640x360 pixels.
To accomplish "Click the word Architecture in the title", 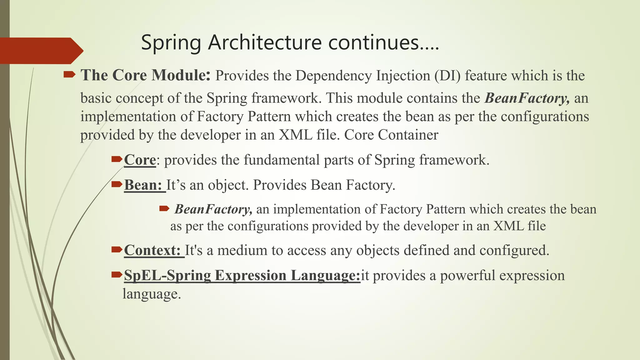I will coord(265,42).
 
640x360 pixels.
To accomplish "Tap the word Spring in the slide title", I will coord(171,43).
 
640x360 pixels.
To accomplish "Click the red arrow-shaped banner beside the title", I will coord(41,51).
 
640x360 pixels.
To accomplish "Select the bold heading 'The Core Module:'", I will coord(146,75).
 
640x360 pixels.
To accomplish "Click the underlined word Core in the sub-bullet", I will coord(140,160).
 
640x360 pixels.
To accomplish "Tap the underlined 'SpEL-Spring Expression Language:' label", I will coord(242,275).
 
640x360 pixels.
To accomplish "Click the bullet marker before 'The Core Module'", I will coord(69,74).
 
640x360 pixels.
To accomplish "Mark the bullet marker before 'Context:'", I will coord(117,249).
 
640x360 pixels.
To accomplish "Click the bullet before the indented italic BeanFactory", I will coord(164,208).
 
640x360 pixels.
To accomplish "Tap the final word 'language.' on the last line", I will coord(152,294).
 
